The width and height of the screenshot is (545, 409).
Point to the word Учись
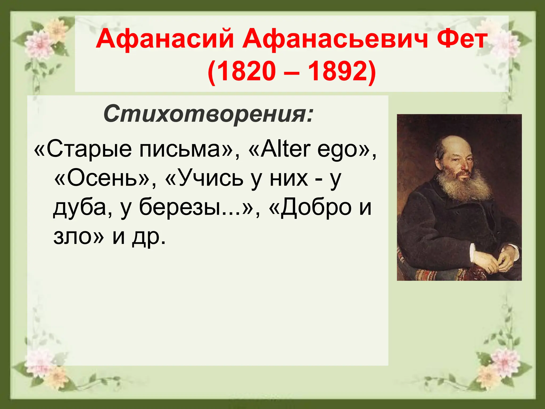(210, 179)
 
